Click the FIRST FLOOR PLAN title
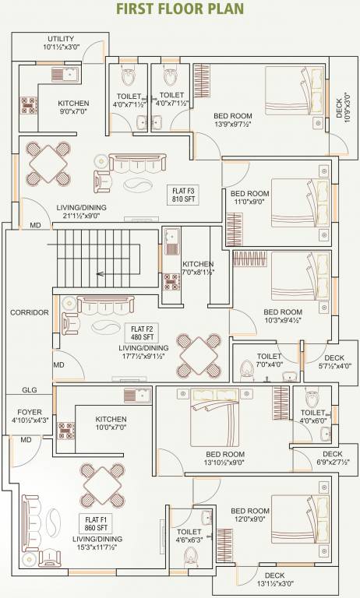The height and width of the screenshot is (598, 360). [x=180, y=9]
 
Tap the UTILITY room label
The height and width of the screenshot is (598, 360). [x=60, y=43]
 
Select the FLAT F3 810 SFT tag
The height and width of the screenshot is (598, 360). [x=185, y=194]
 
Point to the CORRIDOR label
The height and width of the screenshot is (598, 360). [x=29, y=312]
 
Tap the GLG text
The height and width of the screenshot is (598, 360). [x=29, y=390]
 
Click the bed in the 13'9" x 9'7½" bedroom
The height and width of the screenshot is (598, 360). [x=294, y=91]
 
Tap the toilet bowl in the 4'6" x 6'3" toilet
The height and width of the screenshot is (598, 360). [x=189, y=554]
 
